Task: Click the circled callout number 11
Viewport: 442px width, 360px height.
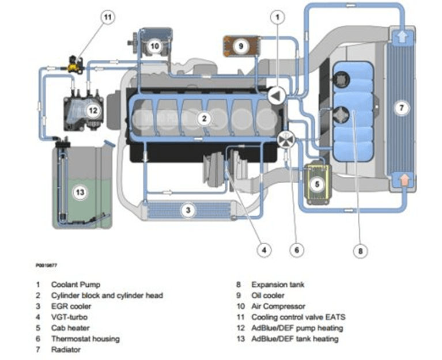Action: (x=107, y=17)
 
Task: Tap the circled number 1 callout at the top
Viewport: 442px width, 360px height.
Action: (x=278, y=17)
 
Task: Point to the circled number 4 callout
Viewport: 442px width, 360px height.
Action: (x=263, y=250)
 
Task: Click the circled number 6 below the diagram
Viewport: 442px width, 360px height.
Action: (x=296, y=250)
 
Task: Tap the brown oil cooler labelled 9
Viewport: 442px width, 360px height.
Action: (x=241, y=44)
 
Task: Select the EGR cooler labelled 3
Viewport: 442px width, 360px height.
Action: (x=187, y=210)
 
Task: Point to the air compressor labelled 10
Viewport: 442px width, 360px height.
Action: (x=154, y=44)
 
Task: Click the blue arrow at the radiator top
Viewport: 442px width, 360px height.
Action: (x=401, y=38)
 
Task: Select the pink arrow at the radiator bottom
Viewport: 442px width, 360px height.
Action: (x=401, y=183)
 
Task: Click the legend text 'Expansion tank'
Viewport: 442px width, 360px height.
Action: (x=278, y=284)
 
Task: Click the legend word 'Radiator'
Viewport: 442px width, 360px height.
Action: (x=67, y=349)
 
